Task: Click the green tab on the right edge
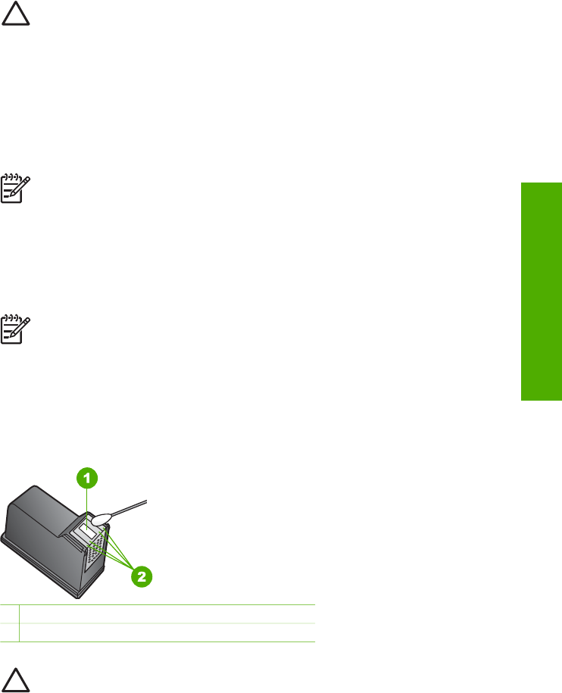(x=539, y=294)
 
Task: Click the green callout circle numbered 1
(x=89, y=479)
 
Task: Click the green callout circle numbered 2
(x=142, y=576)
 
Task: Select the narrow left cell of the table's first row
(x=8, y=614)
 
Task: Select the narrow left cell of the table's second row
(x=8, y=632)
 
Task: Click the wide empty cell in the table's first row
(x=167, y=614)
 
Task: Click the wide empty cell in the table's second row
(x=167, y=632)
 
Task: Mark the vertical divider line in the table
(x=18, y=623)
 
